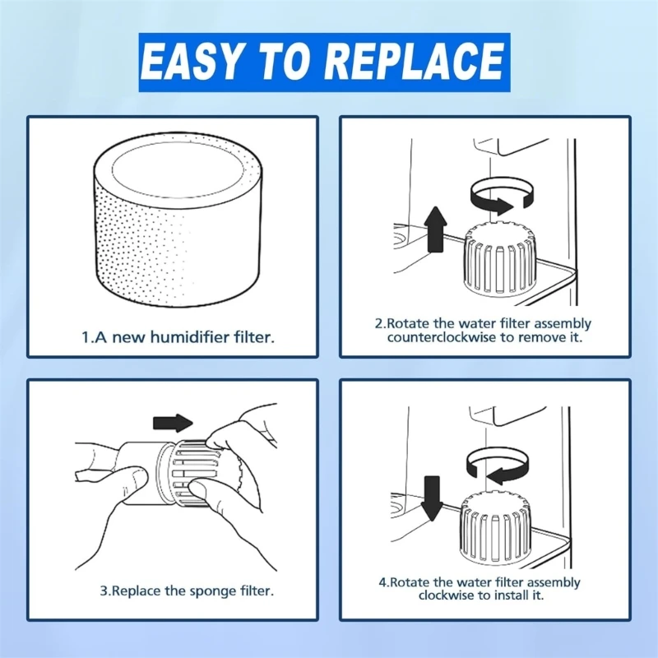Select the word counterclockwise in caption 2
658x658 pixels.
[x=441, y=337]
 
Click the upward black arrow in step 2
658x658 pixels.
[x=436, y=229]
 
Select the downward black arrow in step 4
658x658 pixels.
[x=432, y=498]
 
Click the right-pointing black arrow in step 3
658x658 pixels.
[x=173, y=423]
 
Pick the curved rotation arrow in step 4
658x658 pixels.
[x=498, y=466]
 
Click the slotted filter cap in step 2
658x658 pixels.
[x=499, y=259]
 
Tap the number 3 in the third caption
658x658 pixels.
[x=104, y=591]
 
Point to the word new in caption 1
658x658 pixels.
[x=127, y=337]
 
